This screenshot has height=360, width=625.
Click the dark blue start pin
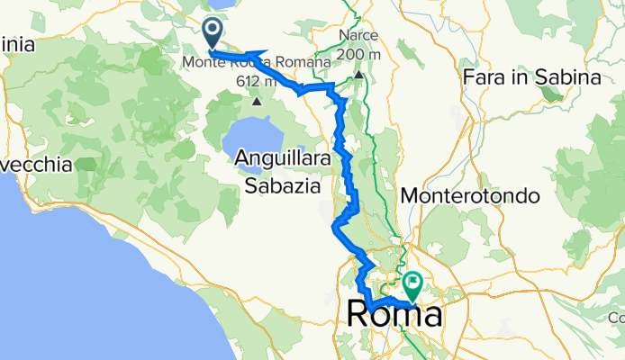coord(213,34)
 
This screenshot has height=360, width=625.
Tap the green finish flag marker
coord(413,285)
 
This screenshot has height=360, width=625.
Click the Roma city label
coord(394,315)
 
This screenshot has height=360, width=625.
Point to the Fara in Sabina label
coord(531,78)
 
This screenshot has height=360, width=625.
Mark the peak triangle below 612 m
coord(258,101)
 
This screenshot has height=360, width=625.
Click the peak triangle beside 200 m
coord(358,75)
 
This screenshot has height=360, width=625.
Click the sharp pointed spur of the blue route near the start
coord(267,51)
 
